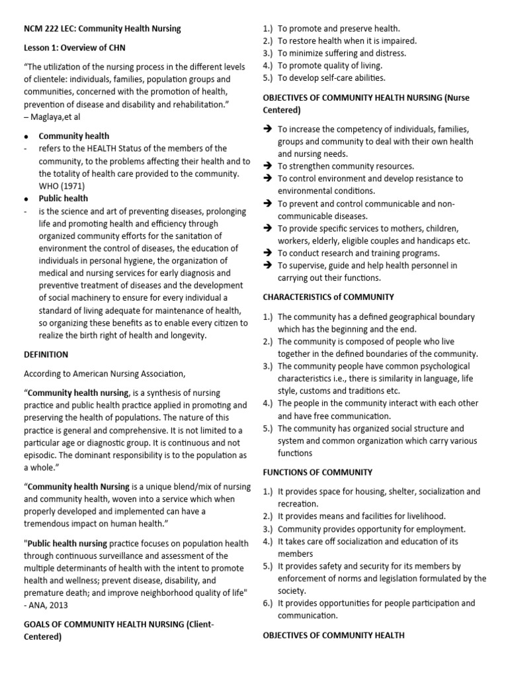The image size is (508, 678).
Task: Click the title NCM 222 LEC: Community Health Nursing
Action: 103,28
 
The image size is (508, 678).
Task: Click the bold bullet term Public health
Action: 63,199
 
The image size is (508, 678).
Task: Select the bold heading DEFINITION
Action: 46,355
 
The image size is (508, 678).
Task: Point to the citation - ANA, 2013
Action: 46,605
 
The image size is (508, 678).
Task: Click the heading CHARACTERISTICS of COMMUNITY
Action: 328,297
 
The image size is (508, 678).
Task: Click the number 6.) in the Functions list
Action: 268,603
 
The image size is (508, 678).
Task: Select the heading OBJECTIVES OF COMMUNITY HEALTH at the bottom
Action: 333,635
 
